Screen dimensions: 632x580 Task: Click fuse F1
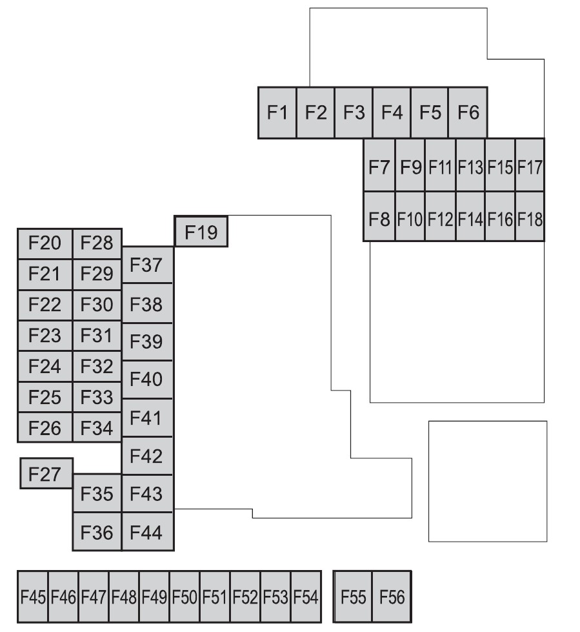click(277, 112)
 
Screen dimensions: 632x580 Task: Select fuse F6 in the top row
click(468, 112)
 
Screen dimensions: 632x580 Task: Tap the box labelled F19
click(201, 231)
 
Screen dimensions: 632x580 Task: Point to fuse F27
click(46, 474)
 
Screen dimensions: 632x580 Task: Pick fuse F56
click(392, 597)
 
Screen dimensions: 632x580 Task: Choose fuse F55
click(354, 597)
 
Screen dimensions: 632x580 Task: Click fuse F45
click(33, 597)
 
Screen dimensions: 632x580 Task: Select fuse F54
click(306, 597)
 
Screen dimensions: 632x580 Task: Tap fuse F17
click(530, 166)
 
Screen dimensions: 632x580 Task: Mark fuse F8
click(379, 218)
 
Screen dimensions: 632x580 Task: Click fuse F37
click(147, 265)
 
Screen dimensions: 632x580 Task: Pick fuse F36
click(97, 533)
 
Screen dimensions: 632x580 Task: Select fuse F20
click(45, 243)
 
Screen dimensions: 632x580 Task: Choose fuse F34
click(97, 427)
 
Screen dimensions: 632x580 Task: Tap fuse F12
click(440, 218)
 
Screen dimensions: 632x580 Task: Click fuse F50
click(185, 597)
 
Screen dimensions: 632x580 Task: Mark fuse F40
click(147, 380)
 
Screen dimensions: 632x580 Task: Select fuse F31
click(97, 336)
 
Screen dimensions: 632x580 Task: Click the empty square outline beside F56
click(488, 481)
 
